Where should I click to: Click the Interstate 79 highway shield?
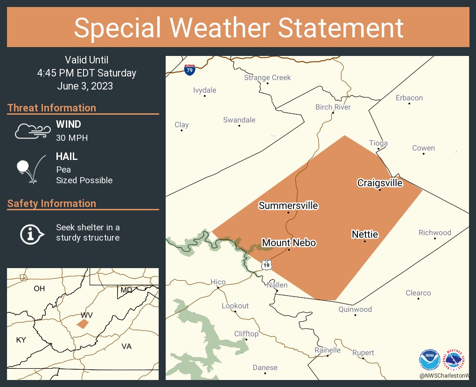pos(189,70)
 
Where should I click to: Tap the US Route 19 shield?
pos(266,264)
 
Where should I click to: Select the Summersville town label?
pos(288,206)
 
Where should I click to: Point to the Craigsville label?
pos(380,183)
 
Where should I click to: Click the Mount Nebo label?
pos(289,243)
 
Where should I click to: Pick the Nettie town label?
pos(364,235)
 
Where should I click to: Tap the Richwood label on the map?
pos(434,233)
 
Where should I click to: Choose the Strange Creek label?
pos(267,77)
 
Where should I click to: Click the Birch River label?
pos(333,107)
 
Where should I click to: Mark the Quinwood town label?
pos(355,309)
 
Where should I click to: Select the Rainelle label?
pos(328,350)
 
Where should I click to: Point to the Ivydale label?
pos(205,90)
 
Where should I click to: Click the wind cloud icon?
pos(32,131)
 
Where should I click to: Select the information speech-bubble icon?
pos(32,233)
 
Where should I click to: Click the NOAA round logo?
pos(429,360)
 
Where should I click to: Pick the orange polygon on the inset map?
pos(82,324)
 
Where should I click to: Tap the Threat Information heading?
pos(52,108)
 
